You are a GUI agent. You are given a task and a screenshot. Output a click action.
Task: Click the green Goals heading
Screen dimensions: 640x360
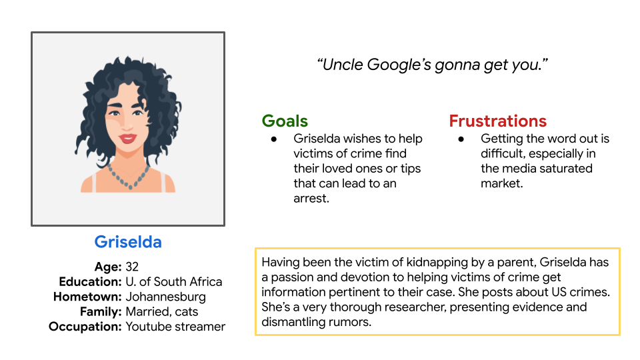click(285, 121)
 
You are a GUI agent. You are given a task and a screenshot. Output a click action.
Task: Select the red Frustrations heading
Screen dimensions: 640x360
click(497, 121)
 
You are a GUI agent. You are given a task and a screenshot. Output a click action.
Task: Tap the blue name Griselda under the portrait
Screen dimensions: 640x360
click(128, 242)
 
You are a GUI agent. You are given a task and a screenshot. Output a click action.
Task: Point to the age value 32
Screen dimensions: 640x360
click(132, 267)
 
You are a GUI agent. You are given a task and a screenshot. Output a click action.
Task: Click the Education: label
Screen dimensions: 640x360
click(90, 281)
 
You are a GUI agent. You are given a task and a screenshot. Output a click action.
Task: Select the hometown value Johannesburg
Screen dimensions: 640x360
click(166, 297)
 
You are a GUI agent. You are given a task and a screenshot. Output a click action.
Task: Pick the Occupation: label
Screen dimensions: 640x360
click(85, 327)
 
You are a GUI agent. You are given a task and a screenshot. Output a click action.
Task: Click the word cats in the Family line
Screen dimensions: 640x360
click(187, 312)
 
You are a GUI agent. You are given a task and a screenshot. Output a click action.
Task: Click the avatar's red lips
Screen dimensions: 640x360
click(127, 139)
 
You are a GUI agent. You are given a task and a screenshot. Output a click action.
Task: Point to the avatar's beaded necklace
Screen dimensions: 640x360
click(128, 177)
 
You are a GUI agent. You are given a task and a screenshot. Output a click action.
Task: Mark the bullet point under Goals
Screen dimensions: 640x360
click(274, 139)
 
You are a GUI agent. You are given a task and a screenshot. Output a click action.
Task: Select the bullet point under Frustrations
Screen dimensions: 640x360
click(461, 139)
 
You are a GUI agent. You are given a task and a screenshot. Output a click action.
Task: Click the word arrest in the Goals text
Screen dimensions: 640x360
click(310, 199)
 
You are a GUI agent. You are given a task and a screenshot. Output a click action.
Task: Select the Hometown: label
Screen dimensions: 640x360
click(87, 297)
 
